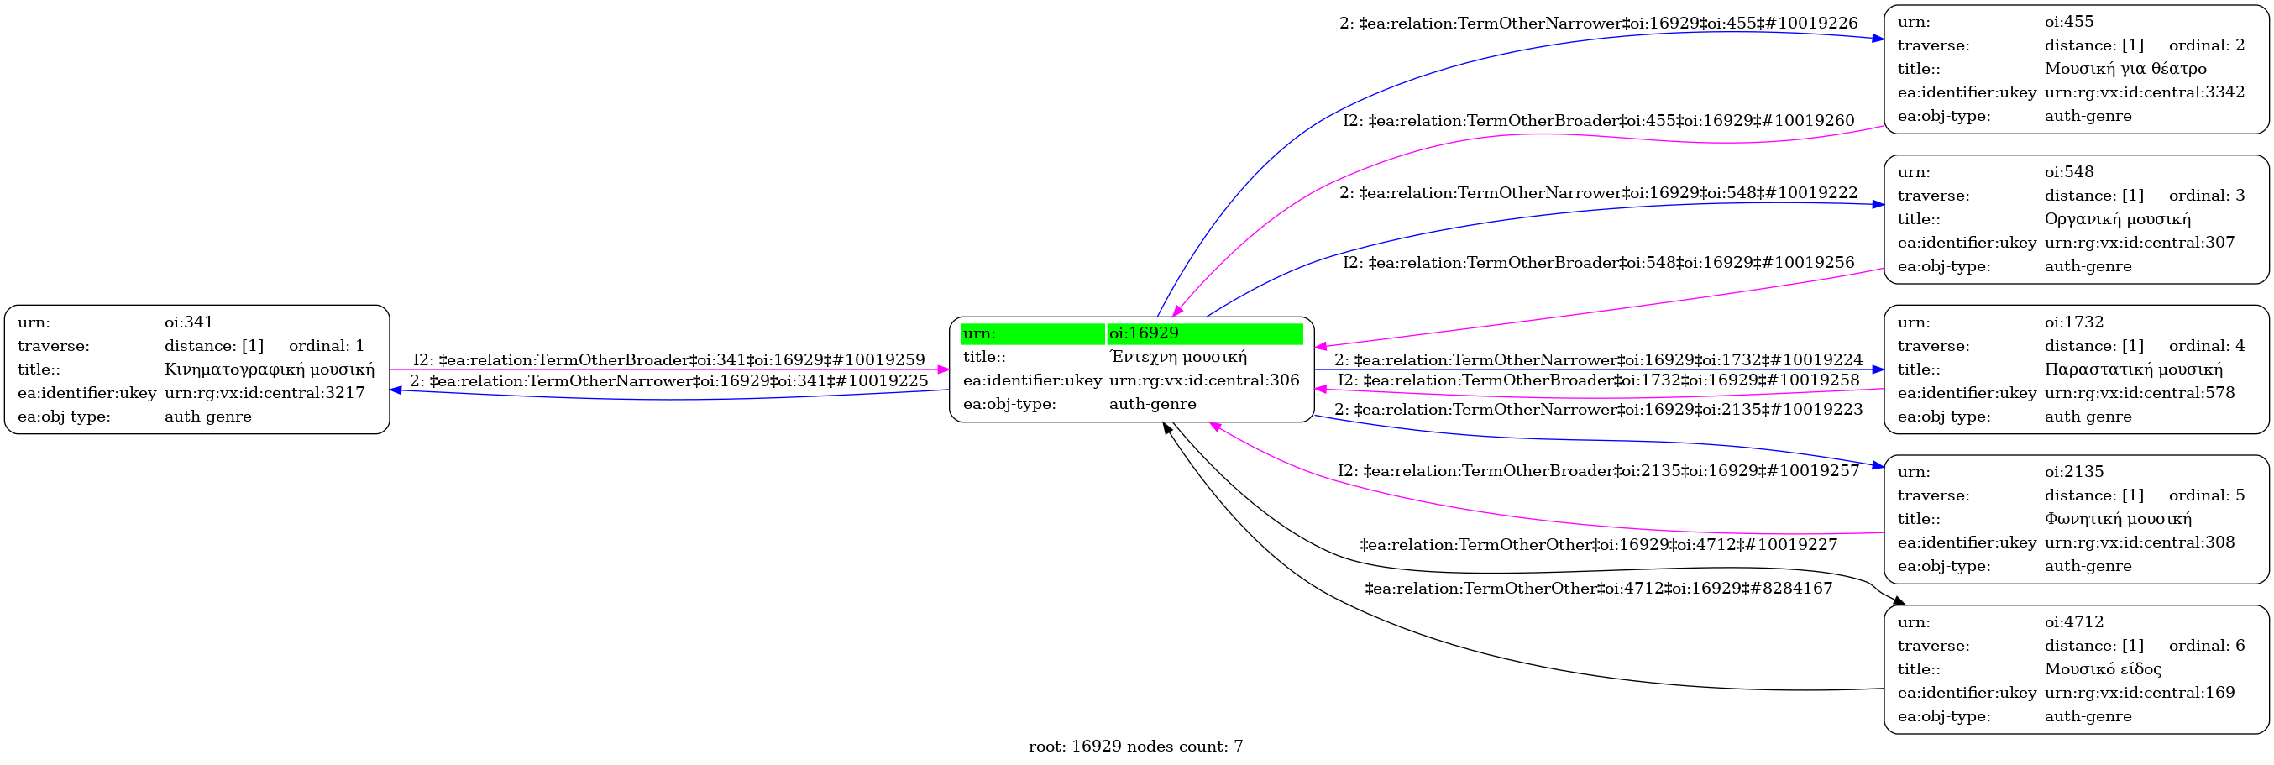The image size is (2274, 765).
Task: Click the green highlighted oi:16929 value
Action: (x=1143, y=333)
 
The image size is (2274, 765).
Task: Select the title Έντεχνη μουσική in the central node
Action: (x=1177, y=358)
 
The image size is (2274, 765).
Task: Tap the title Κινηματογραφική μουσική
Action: (x=270, y=369)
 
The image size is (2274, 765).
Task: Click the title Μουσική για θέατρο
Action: (x=2125, y=69)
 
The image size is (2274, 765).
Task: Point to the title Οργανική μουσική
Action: (x=2117, y=219)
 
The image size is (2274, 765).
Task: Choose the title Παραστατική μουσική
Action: (x=2133, y=369)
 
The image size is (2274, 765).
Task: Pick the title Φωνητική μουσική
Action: (x=2118, y=519)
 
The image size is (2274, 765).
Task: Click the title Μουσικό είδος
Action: (x=2103, y=668)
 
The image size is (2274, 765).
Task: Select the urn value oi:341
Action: (x=189, y=322)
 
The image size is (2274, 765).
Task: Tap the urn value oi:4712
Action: (x=2073, y=622)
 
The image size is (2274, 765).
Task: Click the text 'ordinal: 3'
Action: (x=2206, y=195)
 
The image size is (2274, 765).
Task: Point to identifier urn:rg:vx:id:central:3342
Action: (x=2143, y=92)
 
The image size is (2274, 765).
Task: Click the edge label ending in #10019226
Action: (x=1598, y=24)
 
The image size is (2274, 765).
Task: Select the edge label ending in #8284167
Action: (x=1598, y=589)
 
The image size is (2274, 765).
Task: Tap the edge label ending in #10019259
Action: (x=668, y=360)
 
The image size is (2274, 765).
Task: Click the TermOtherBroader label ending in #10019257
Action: (x=1598, y=471)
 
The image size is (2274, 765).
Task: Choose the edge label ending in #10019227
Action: (x=1598, y=545)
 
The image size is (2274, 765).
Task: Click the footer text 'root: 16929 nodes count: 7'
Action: (x=1135, y=747)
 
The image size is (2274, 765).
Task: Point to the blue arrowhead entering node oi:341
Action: (x=396, y=389)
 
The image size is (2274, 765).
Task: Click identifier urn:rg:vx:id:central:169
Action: (x=2139, y=693)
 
